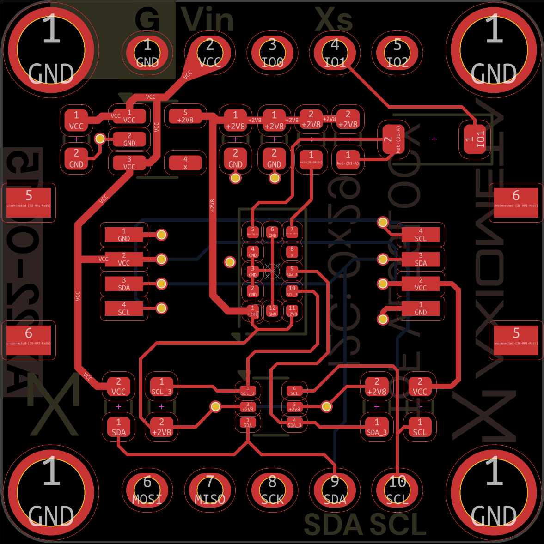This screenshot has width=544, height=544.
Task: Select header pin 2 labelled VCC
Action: (210, 53)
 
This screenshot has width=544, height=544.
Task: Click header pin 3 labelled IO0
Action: (272, 53)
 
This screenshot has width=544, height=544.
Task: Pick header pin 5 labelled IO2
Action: (397, 53)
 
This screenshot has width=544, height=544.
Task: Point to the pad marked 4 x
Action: (185, 163)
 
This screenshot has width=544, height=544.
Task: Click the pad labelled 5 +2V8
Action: (185, 116)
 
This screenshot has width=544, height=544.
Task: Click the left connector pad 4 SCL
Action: (124, 308)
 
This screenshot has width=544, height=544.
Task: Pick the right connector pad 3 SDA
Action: (421, 259)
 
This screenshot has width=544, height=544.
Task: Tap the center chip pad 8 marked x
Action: (292, 252)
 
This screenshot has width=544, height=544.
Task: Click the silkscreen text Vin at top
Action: (208, 20)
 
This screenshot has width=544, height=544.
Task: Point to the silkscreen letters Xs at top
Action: (334, 20)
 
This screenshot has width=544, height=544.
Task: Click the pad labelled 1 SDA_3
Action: (377, 427)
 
